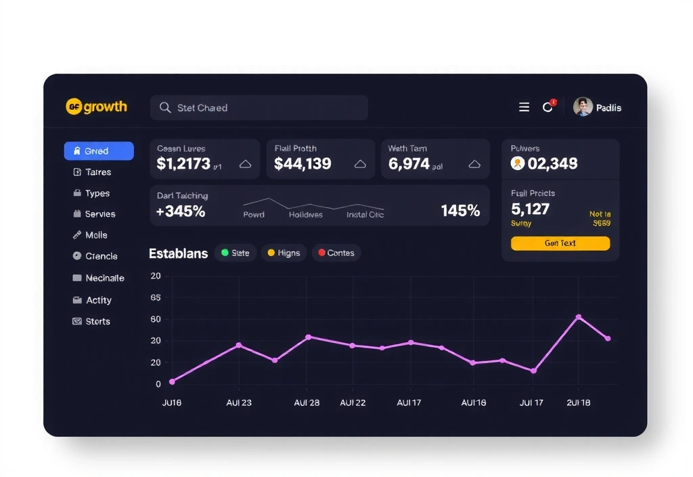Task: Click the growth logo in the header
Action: click(x=96, y=107)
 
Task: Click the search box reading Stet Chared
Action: click(x=259, y=108)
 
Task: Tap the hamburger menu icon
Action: click(x=524, y=107)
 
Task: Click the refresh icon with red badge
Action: click(x=547, y=107)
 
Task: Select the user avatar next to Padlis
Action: click(x=583, y=107)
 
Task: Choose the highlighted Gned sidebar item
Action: click(x=99, y=151)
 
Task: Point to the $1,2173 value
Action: click(x=183, y=164)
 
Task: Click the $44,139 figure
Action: click(x=303, y=164)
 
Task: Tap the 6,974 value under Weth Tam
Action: click(x=409, y=164)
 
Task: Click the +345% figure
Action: click(x=181, y=211)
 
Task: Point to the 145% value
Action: click(x=460, y=211)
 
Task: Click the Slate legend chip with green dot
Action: click(x=235, y=253)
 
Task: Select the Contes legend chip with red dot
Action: click(x=336, y=253)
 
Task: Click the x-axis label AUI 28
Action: click(x=307, y=402)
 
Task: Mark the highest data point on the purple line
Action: click(x=578, y=317)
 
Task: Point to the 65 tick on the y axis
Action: click(x=156, y=297)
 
